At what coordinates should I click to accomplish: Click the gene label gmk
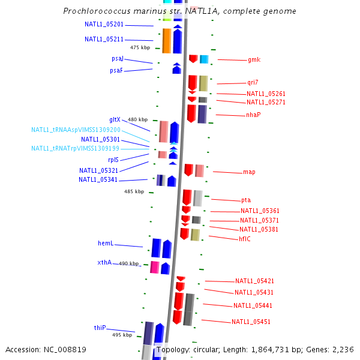click(x=254, y=60)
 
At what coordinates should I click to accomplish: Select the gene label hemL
click(x=106, y=244)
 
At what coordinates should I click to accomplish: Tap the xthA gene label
click(x=104, y=263)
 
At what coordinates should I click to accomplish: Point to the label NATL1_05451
click(x=251, y=322)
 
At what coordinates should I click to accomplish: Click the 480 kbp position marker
click(x=137, y=120)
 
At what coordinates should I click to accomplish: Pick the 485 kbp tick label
click(x=134, y=192)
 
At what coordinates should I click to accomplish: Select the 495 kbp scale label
click(x=122, y=335)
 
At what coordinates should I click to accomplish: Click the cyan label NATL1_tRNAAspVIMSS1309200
click(x=76, y=130)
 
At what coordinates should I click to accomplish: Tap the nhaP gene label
click(x=253, y=115)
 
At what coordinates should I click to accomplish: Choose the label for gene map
click(x=249, y=172)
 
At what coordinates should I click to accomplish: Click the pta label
click(x=246, y=200)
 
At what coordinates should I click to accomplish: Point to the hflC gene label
click(x=245, y=239)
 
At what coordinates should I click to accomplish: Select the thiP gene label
click(x=100, y=328)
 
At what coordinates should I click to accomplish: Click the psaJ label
click(x=118, y=59)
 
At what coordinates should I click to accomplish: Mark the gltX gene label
click(x=115, y=120)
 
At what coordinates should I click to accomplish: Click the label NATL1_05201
click(x=104, y=25)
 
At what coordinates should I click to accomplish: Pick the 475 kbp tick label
click(x=140, y=47)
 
